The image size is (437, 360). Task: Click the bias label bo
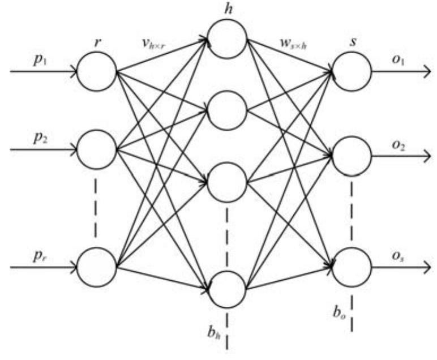click(x=339, y=311)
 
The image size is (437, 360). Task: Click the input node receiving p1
click(x=97, y=72)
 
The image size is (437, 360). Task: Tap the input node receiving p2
click(x=97, y=151)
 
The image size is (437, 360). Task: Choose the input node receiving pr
click(x=97, y=265)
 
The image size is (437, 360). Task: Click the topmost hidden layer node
click(x=227, y=38)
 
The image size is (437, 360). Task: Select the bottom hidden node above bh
click(x=227, y=289)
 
